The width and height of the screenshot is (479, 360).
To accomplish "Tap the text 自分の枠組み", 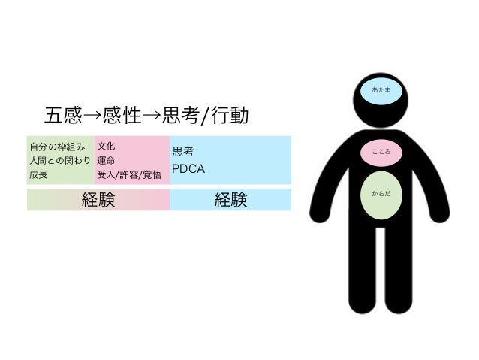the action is [56, 145].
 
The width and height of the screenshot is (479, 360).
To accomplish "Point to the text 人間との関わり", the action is [60, 160].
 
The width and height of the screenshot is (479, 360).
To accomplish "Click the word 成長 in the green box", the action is [38, 175].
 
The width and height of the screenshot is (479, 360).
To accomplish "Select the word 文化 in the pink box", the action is [106, 145].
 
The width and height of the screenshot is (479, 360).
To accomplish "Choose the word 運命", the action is [106, 160].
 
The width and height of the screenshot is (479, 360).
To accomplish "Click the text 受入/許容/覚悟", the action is [129, 175].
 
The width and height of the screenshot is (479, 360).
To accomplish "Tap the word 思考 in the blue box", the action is [184, 151].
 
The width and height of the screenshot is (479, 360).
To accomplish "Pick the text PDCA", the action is [188, 168].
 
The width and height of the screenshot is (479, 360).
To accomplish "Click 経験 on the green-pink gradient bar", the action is [98, 200].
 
